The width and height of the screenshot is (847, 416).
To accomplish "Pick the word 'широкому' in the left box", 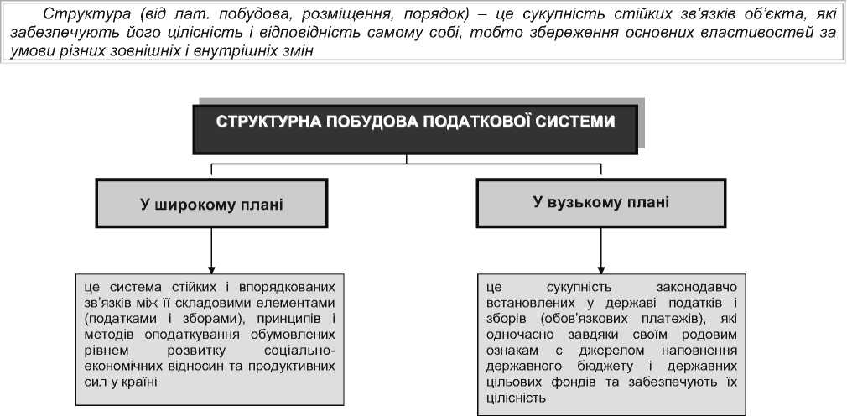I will pos(198,204).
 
